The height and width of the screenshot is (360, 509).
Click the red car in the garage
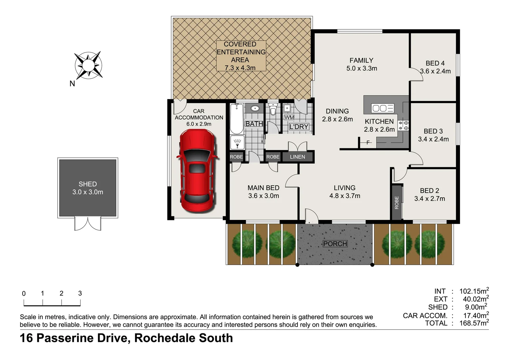click(x=197, y=171)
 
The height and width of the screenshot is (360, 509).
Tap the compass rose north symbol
click(x=88, y=65)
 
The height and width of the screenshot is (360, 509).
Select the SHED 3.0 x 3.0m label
click(x=88, y=188)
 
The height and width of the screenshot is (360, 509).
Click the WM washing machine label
click(x=289, y=117)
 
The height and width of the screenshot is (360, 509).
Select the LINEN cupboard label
click(x=297, y=157)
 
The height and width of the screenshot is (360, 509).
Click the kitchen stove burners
click(x=403, y=125)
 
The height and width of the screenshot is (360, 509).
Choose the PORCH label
click(x=335, y=244)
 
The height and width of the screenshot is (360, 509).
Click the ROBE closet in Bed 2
click(x=396, y=202)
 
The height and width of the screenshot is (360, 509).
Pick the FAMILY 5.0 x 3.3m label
click(x=361, y=64)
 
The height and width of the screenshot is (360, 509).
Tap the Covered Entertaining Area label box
click(x=241, y=56)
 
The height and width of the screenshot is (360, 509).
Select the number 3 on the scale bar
click(x=80, y=293)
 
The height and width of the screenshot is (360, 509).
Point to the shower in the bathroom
click(x=237, y=143)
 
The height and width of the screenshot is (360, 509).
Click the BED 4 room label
click(x=435, y=67)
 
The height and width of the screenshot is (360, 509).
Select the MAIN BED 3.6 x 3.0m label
click(x=263, y=192)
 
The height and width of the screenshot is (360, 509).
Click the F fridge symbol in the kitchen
click(x=368, y=143)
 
